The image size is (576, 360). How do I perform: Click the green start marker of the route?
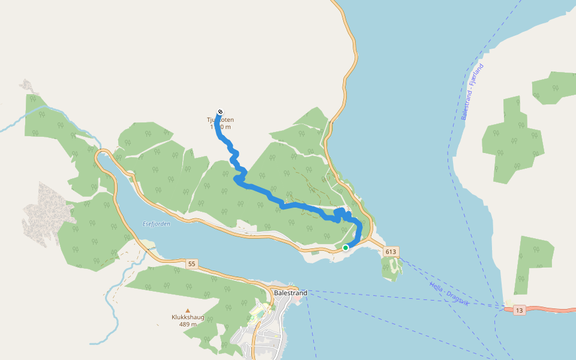click(346, 247)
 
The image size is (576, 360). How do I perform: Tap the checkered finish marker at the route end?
click(221, 112)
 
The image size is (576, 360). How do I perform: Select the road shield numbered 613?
click(392, 251)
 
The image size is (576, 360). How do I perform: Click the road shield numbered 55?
click(191, 264)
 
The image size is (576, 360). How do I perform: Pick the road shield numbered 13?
click(519, 310)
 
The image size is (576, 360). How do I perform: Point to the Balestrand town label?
click(290, 293)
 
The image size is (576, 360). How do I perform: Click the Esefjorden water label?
click(157, 224)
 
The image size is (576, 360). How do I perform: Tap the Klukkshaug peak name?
click(188, 317)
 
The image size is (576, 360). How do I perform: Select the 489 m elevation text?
click(188, 325)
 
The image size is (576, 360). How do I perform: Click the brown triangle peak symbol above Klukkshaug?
click(188, 310)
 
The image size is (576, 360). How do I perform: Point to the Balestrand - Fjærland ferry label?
click(472, 92)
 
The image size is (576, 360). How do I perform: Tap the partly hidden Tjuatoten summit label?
click(221, 120)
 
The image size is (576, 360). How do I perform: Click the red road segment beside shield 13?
click(552, 310)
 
